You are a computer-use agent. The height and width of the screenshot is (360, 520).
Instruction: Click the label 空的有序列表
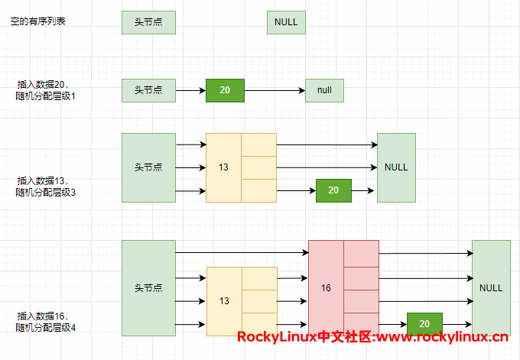click(37, 21)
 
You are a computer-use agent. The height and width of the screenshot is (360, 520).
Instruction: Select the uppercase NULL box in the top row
click(286, 22)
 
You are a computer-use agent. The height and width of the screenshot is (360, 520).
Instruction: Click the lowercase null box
click(324, 90)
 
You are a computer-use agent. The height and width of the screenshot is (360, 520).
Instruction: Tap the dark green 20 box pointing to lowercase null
click(225, 90)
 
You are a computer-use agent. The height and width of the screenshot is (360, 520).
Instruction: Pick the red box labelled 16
click(327, 288)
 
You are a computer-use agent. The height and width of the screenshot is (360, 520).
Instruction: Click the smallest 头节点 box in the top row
click(148, 22)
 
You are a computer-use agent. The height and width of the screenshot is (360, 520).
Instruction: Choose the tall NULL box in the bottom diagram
click(491, 288)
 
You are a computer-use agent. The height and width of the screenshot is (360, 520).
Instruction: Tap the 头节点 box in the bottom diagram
click(148, 288)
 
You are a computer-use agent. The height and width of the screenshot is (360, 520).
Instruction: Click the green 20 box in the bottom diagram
click(425, 324)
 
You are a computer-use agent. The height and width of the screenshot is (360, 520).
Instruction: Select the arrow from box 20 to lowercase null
click(275, 91)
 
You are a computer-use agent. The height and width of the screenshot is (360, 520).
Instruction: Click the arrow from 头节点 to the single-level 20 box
click(190, 91)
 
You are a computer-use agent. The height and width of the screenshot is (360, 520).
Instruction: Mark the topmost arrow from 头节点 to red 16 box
click(242, 252)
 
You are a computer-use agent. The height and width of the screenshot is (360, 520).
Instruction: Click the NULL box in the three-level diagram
click(396, 167)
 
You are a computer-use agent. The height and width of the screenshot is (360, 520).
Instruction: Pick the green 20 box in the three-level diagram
click(333, 190)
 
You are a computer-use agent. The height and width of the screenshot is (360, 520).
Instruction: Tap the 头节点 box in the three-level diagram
click(148, 167)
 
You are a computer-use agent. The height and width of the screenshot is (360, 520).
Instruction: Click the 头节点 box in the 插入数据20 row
click(148, 90)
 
